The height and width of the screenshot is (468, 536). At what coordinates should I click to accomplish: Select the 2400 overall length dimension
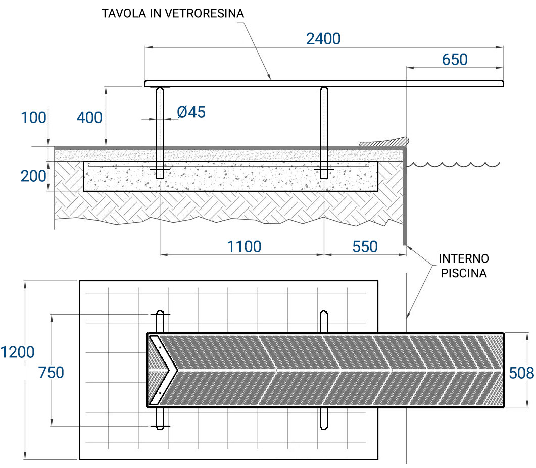point(323,38)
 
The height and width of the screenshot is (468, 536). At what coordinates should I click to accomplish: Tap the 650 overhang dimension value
point(455,59)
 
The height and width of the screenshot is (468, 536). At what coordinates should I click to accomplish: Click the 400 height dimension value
point(89,118)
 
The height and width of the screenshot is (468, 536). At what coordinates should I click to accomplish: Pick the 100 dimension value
point(33,118)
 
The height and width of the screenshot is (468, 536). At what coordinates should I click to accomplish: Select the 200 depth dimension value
point(33,176)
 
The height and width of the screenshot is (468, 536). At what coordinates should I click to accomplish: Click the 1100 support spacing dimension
point(244,246)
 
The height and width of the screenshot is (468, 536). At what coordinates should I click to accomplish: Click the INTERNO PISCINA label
point(463,266)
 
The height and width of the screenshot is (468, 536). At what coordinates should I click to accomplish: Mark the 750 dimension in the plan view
point(52,373)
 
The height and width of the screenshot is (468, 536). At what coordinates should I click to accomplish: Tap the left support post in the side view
point(160,132)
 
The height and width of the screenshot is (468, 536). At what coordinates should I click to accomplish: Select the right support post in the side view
point(323,132)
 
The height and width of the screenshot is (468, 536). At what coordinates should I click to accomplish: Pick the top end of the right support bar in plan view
point(323,314)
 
